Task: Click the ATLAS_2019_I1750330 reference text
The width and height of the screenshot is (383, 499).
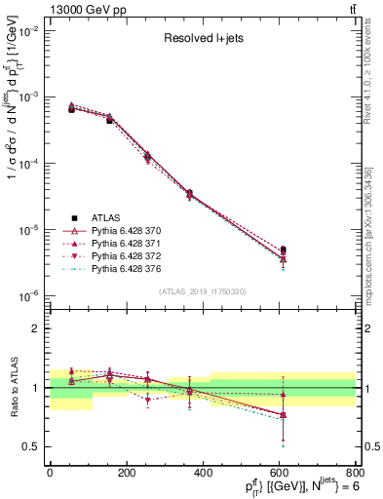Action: click(x=203, y=290)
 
